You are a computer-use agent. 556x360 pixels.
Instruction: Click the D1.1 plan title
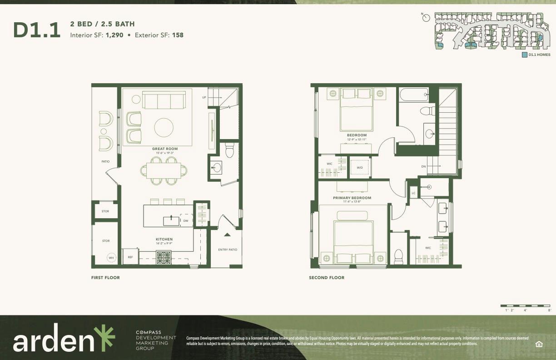pyautogui.click(x=37, y=30)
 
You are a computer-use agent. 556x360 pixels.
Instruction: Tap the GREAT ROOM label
pyautogui.click(x=165, y=149)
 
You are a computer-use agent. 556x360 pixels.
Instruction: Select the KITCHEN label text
pyautogui.click(x=164, y=239)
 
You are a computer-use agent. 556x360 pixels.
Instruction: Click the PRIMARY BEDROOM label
pyautogui.click(x=352, y=198)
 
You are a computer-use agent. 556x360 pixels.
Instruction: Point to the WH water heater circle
pyautogui.click(x=111, y=258)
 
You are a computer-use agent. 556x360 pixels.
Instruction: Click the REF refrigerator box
pyautogui.click(x=130, y=257)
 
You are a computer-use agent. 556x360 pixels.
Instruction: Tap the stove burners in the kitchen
pyautogui.click(x=164, y=258)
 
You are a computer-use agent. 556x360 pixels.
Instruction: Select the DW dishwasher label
pyautogui.click(x=185, y=221)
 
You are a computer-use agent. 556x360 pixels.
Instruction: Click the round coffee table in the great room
pyautogui.click(x=164, y=127)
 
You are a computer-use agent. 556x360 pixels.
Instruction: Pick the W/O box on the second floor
pyautogui.click(x=360, y=167)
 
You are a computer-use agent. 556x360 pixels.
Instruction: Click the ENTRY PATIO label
pyautogui.click(x=228, y=250)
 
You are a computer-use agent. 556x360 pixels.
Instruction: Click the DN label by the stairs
pyautogui.click(x=423, y=166)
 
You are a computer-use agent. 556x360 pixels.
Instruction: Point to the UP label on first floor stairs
pyautogui.click(x=204, y=97)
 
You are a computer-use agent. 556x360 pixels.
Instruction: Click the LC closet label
pyautogui.click(x=413, y=193)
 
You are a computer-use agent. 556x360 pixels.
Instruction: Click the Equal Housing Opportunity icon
pyautogui.click(x=539, y=344)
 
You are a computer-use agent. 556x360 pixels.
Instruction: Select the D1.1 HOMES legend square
pyautogui.click(x=525, y=55)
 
